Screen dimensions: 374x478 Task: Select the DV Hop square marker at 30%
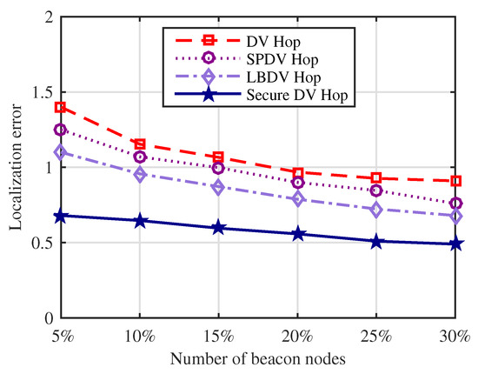click(x=455, y=181)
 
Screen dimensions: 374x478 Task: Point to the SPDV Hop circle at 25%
click(x=376, y=190)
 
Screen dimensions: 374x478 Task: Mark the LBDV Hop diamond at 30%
click(x=455, y=216)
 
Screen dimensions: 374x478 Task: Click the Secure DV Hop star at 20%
click(x=298, y=234)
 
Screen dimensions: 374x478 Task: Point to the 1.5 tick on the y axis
click(x=42, y=93)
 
